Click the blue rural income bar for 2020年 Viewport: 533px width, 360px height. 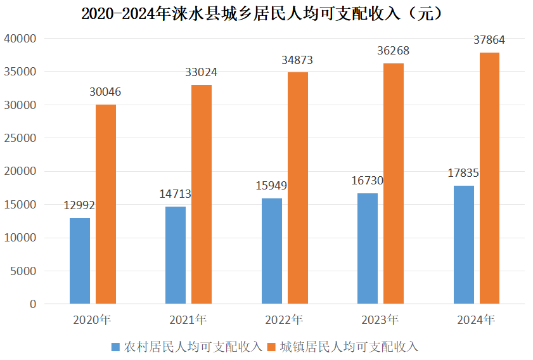pyautogui.click(x=80, y=260)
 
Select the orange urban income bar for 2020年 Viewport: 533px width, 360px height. pyautogui.click(x=106, y=204)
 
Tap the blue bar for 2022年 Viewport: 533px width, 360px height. pyautogui.click(x=272, y=251)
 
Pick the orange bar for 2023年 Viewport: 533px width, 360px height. pyautogui.click(x=394, y=184)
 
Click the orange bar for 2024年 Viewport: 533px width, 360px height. pyautogui.click(x=489, y=178)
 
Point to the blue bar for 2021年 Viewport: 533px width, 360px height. pyautogui.click(x=176, y=255)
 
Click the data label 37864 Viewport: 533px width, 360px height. pyautogui.click(x=489, y=40)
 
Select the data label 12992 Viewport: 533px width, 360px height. pyautogui.click(x=79, y=205)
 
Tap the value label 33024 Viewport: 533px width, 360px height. pyautogui.click(x=202, y=72)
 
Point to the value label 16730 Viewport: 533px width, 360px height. pyautogui.click(x=368, y=181)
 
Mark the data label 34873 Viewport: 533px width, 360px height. pyautogui.click(x=297, y=60)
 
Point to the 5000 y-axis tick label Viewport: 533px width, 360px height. pyautogui.click(x=23, y=271)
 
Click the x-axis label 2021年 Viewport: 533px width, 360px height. pyautogui.click(x=188, y=319)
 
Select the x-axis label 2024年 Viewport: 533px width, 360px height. pyautogui.click(x=476, y=319)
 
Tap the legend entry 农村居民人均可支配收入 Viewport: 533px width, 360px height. pyautogui.click(x=193, y=347)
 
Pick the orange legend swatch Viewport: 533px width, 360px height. pyautogui.click(x=272, y=347)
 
